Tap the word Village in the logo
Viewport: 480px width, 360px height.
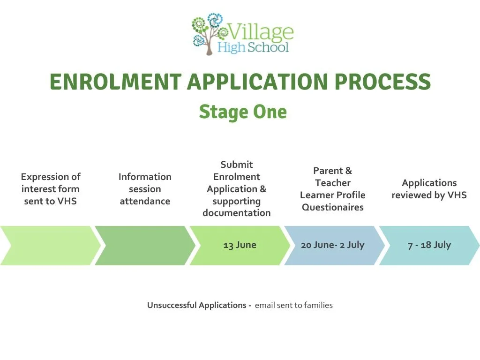pyautogui.click(x=261, y=32)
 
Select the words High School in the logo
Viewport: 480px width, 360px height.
pyautogui.click(x=253, y=47)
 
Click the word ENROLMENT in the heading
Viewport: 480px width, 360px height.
pyautogui.click(x=115, y=82)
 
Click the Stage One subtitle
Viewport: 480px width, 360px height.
pyautogui.click(x=242, y=112)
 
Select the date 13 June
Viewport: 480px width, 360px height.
pyautogui.click(x=240, y=245)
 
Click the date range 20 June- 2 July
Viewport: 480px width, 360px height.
pyautogui.click(x=332, y=245)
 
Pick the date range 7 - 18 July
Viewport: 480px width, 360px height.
pyautogui.click(x=429, y=245)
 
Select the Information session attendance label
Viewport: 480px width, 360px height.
pyautogui.click(x=145, y=189)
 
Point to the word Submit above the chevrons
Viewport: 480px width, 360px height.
pyautogui.click(x=237, y=165)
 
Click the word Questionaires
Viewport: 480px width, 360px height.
pyautogui.click(x=332, y=207)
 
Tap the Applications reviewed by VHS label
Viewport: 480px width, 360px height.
pyautogui.click(x=429, y=189)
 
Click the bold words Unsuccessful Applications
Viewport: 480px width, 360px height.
pyautogui.click(x=197, y=305)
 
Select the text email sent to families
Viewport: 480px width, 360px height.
pyautogui.click(x=294, y=305)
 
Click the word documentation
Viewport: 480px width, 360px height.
pyautogui.click(x=237, y=213)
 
